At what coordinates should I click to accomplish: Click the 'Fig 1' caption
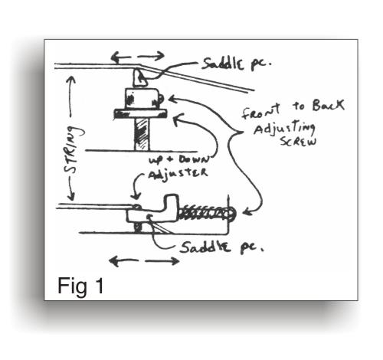point(80,286)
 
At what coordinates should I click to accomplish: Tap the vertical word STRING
point(74,149)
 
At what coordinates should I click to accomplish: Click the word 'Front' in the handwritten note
point(260,111)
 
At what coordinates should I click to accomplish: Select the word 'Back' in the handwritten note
point(328,105)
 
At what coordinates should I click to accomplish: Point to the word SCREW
point(298,141)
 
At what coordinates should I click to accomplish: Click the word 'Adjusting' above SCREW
point(284,129)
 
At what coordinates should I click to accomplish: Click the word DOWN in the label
point(194,159)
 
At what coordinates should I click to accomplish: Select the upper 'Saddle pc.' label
point(235,64)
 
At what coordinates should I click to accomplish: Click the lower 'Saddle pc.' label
point(221,247)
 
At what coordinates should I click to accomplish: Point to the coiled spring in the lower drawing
point(207,213)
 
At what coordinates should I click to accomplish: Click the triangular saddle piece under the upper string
point(139,77)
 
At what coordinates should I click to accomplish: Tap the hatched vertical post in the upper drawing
point(141,134)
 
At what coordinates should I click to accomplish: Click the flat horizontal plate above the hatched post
point(140,113)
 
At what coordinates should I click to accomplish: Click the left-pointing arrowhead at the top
point(115,57)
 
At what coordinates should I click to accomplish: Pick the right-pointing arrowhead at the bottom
point(175,261)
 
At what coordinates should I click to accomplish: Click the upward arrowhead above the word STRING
point(71,80)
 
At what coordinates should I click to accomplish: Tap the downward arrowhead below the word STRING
point(71,196)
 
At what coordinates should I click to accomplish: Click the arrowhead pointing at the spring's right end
point(246,211)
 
